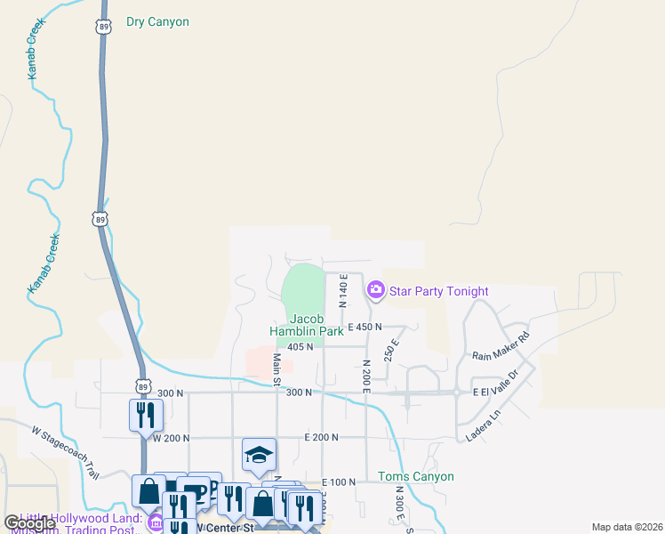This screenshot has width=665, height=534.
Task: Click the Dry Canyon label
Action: coord(157,21)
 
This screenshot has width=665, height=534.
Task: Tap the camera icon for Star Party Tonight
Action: coord(375,290)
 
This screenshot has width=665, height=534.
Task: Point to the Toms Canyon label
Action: coord(416,476)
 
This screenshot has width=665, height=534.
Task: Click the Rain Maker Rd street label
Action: coord(501,345)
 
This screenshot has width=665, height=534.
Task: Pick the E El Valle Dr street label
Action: coord(494,392)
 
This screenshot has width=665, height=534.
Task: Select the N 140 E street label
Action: coord(343,292)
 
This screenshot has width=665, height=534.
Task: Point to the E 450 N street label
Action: coord(365,327)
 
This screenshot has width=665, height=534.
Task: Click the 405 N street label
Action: coord(300,347)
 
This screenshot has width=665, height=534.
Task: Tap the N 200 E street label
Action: coord(365,376)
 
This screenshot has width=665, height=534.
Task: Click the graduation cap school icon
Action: coord(259,455)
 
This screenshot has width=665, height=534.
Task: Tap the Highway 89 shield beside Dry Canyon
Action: coord(105,27)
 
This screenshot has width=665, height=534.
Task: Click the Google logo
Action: coord(28,523)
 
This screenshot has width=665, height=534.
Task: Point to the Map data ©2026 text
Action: coord(626,527)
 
